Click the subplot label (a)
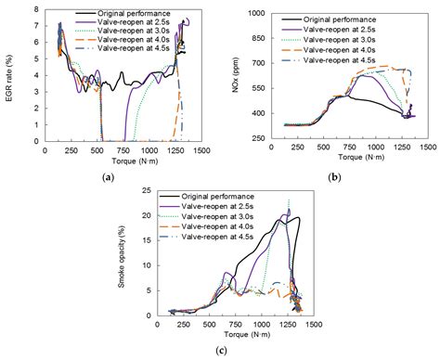(x=109, y=176)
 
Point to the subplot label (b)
(x=333, y=176)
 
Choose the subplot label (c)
(x=220, y=350)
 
